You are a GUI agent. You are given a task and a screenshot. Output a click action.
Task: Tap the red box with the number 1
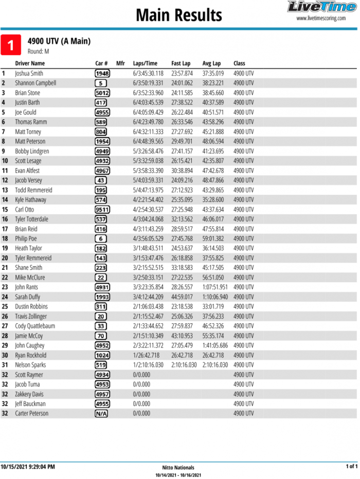[x=11, y=45]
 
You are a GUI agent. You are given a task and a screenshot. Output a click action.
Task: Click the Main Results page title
[x=178, y=15]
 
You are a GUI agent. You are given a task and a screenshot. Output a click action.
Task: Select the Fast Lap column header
[x=181, y=63]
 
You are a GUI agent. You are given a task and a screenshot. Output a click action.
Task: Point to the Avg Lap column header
[x=211, y=63]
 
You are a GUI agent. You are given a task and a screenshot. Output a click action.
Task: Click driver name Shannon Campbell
[x=35, y=83]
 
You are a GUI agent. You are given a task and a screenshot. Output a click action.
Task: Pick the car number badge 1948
[x=102, y=73]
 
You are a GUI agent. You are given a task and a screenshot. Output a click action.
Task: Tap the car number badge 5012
[x=102, y=93]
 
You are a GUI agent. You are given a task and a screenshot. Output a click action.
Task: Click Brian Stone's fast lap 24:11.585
[x=182, y=93]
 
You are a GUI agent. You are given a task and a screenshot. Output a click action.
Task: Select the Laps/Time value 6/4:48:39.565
[x=148, y=141]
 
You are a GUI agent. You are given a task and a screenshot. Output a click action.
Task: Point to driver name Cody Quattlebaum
[x=35, y=326]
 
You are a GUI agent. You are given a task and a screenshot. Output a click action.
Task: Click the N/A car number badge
[x=101, y=414]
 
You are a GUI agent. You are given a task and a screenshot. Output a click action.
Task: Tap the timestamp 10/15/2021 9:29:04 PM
[x=28, y=467]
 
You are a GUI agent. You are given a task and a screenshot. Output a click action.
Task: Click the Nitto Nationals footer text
[x=178, y=468]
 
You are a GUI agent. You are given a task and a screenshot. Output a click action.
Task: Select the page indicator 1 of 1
[x=351, y=467]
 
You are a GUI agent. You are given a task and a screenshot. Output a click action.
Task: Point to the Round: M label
[x=38, y=51]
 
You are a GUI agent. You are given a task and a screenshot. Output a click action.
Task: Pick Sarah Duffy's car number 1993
[x=102, y=297]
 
